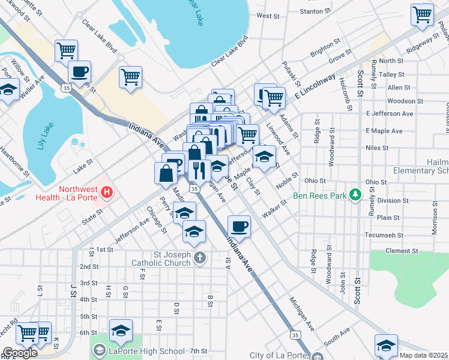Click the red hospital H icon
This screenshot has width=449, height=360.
click(x=107, y=193)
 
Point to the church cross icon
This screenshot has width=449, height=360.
click(x=200, y=258)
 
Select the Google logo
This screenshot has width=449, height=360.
click(x=20, y=352)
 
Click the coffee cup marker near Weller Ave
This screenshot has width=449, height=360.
click(x=79, y=72)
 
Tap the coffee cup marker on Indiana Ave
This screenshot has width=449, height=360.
click(x=239, y=226)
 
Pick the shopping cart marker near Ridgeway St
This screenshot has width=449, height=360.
click(x=423, y=14)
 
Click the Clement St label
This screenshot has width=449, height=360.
click(x=402, y=251)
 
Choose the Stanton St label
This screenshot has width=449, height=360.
click(x=315, y=11)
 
